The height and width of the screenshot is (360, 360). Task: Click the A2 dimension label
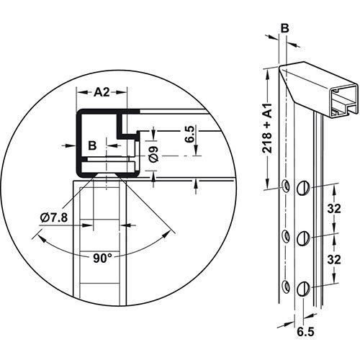pyautogui.click(x=102, y=92)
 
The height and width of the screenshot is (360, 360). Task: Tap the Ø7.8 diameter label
pyautogui.click(x=54, y=218)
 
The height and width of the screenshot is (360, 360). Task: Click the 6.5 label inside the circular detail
pyautogui.click(x=189, y=135)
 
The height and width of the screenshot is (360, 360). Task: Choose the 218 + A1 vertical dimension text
pyautogui.click(x=267, y=128)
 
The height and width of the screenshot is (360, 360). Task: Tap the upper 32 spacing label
pyautogui.click(x=334, y=209)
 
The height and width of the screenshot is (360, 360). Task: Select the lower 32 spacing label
pyautogui.click(x=334, y=260)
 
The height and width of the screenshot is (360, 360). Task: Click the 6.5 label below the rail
pyautogui.click(x=305, y=332)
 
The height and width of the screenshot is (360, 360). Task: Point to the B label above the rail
pyautogui.click(x=284, y=29)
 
